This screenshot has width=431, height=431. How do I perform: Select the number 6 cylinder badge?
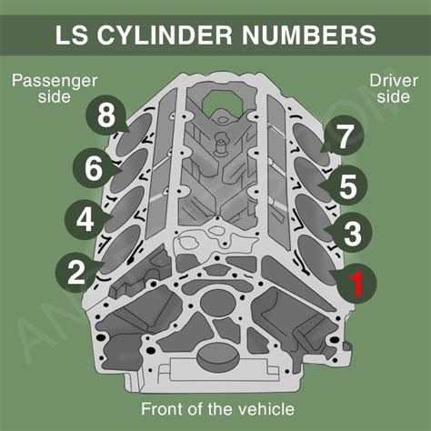95,168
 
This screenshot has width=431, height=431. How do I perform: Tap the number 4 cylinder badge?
85,219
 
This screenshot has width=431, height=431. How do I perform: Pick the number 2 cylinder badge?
75,271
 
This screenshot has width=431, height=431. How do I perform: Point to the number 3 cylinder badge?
353,234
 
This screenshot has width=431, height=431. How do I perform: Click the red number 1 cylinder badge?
356,283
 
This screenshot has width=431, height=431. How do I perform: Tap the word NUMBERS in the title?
316,35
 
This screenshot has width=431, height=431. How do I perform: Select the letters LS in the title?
75,35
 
